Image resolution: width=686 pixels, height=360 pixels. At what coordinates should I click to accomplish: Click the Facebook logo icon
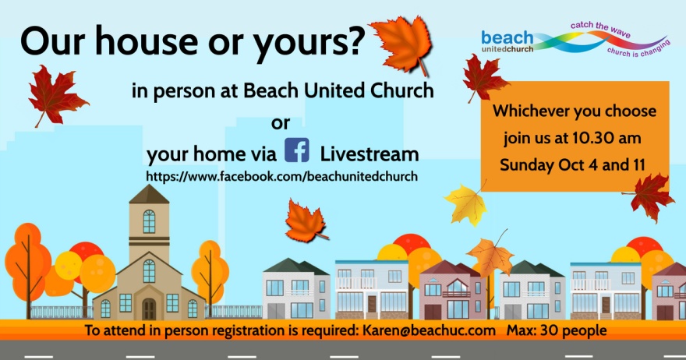pos(297,150)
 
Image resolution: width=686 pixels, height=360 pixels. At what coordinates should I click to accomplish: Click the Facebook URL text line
pos(281,176)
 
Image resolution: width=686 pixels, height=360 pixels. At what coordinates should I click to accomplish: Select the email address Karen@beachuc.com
pos(430,330)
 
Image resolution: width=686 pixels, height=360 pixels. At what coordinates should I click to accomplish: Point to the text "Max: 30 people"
pos(557,330)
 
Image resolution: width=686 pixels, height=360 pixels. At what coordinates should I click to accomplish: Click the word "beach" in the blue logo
pos(507,37)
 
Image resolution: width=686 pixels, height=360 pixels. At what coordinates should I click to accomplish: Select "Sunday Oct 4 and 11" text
pos(573,165)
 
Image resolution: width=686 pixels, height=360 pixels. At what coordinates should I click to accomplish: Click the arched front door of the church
pos(149,309)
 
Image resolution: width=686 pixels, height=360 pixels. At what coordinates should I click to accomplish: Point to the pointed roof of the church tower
pos(149,194)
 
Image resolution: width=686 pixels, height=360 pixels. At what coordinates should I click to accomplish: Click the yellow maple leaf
pos(465,204)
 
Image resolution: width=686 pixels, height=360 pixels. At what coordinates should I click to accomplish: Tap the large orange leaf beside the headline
pos(403,44)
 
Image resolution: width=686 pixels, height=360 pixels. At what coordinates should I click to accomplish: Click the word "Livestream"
pos(370,154)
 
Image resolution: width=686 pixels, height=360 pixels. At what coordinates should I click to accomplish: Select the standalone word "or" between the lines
pos(281,124)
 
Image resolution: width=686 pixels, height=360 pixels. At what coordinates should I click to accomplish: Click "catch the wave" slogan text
pos(600,29)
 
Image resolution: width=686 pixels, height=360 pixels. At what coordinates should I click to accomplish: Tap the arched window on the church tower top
pos(149,221)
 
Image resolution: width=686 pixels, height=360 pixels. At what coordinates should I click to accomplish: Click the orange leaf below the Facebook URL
pos(306,221)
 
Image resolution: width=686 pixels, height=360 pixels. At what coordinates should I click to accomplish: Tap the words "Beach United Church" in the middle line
pos(338,90)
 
